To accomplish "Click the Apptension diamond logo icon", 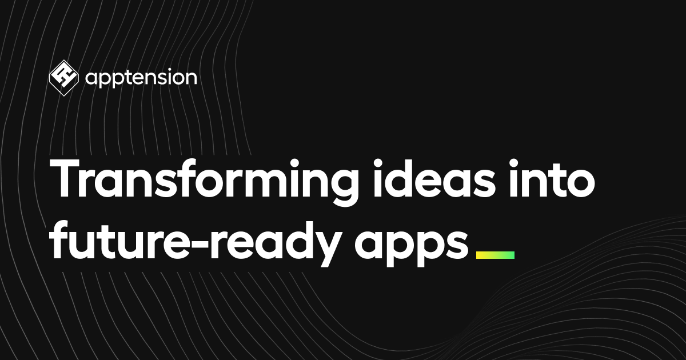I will click(x=63, y=78).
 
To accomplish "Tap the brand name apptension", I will click(x=141, y=78).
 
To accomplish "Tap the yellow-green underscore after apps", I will click(x=495, y=255).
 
